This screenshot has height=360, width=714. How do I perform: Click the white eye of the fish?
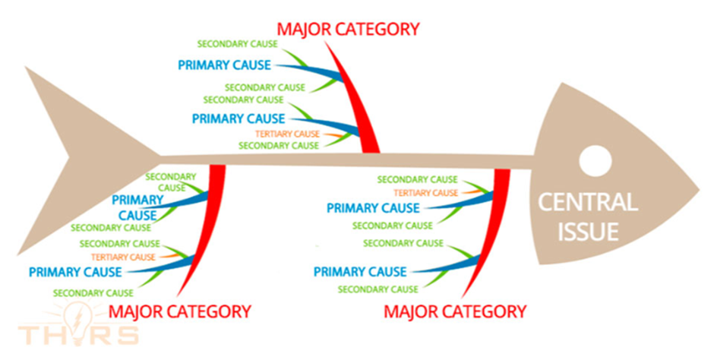pos(596,161)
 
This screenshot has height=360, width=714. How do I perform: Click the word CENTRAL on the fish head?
pos(587,202)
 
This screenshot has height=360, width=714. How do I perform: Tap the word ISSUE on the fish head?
pos(588,231)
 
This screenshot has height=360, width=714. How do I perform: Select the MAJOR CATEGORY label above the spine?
pos(349,29)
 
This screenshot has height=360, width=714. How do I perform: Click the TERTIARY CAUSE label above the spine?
pos(287,134)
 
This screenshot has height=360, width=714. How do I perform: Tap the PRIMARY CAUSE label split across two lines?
pos(137,207)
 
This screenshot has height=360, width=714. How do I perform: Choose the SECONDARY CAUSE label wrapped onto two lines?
pos(171,182)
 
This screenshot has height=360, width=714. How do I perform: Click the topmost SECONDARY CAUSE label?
pos(237,44)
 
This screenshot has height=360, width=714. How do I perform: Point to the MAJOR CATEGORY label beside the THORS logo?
pos(180,311)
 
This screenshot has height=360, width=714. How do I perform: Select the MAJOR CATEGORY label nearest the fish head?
pos(455,311)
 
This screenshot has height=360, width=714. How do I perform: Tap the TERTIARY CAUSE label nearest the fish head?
pos(426,193)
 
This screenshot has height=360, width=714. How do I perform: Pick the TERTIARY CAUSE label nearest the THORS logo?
pos(123,257)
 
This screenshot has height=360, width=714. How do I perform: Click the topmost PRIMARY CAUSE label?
pos(225,65)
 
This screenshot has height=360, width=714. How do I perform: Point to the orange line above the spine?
pos(333,135)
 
